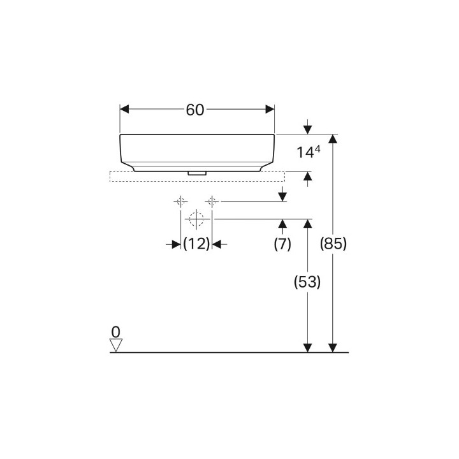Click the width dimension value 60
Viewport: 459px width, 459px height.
[x=195, y=110]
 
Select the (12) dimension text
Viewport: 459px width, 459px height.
[x=196, y=244]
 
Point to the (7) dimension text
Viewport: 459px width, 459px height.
[x=282, y=244]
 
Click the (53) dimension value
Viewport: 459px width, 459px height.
[x=307, y=282]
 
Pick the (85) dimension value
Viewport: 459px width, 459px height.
[x=333, y=244]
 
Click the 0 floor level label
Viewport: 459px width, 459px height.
[x=115, y=331]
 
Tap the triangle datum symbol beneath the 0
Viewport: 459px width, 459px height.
[x=115, y=345]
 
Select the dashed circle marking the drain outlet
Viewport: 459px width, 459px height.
[x=196, y=219]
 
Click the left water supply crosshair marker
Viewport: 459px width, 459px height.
[x=181, y=201]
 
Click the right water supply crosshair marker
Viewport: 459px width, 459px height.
[x=212, y=201]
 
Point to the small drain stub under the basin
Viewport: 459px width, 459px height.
[x=196, y=172]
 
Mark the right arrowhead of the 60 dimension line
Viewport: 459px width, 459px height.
[x=270, y=110]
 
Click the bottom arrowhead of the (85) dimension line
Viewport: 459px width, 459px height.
[x=332, y=347]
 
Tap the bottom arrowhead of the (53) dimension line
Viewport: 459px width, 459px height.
[x=307, y=347]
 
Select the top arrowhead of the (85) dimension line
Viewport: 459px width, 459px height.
[x=332, y=139]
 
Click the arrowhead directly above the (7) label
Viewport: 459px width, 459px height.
[x=282, y=223]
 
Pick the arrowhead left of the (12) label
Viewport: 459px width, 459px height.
[x=177, y=244]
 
